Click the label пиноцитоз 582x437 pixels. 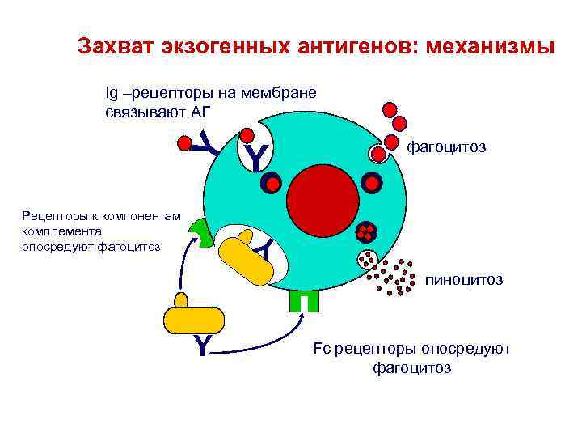(x=464, y=280)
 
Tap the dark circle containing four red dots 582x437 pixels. (x=366, y=232)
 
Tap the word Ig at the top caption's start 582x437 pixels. (x=112, y=92)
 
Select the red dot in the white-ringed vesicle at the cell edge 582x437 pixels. (x=379, y=153)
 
